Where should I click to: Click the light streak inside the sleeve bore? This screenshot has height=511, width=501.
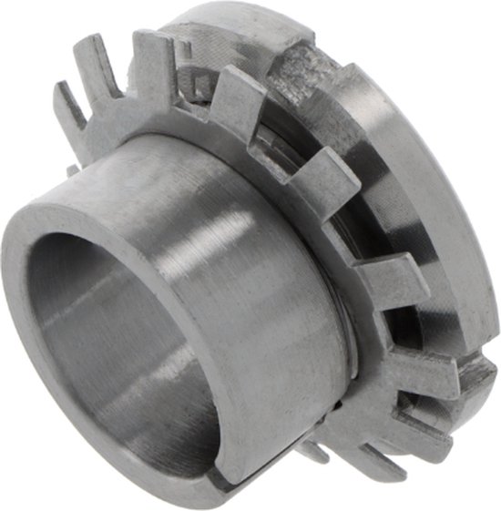pyautogui.click(x=137, y=301)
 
